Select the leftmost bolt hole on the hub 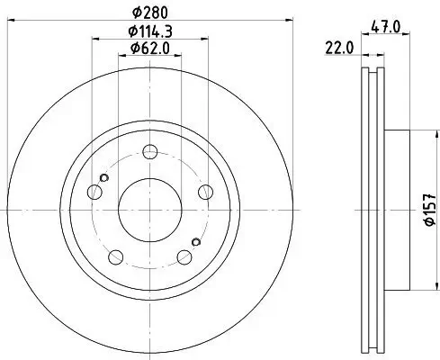point(94,191)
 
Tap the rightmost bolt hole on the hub point(206,191)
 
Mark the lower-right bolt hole point(185,256)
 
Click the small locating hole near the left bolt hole point(104,178)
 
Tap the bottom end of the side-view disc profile point(374,348)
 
